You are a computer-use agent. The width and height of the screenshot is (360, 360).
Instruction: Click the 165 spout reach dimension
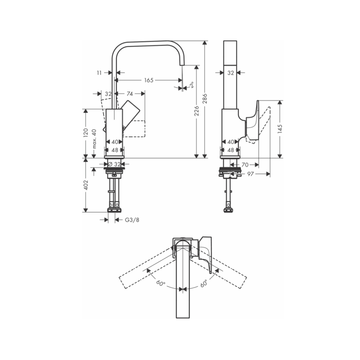coord(149,80)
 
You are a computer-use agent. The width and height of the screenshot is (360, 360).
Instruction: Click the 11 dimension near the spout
coord(100,73)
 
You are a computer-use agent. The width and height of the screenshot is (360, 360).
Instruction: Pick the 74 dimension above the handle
coord(130,94)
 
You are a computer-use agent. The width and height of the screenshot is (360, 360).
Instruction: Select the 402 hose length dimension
coord(86,185)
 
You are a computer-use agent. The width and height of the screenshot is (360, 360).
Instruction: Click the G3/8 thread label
coord(132,220)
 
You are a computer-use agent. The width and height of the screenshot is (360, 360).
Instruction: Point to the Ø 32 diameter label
coord(114,164)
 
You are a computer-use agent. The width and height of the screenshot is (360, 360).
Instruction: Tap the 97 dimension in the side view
coord(251,174)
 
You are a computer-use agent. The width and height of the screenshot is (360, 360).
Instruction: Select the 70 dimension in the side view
coord(245,165)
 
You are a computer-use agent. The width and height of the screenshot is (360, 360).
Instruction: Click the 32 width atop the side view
coord(230,73)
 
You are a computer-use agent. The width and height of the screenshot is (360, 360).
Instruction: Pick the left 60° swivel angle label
coord(161,283)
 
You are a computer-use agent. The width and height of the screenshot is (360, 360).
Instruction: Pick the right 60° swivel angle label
coord(204,283)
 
